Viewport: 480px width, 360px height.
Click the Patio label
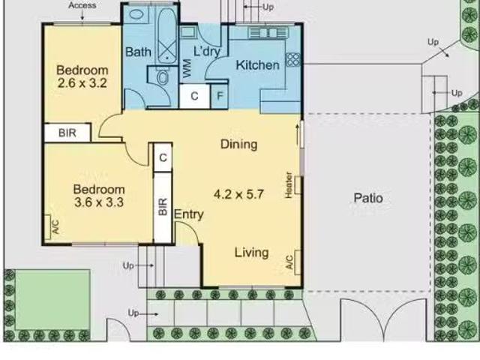tap(368, 198)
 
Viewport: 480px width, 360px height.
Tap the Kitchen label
tap(257, 65)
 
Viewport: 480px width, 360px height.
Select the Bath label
tap(138, 52)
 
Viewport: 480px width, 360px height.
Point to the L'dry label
tap(207, 51)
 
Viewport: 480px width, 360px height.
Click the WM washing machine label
tap(187, 68)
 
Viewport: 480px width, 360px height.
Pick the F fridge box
tap(220, 96)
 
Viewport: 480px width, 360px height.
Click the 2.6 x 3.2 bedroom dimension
tap(82, 83)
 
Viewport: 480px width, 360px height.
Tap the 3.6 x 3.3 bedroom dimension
tap(99, 202)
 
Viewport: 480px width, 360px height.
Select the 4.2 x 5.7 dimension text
tap(238, 194)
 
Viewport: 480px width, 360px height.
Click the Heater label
tap(288, 185)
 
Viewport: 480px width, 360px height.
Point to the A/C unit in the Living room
tap(297, 263)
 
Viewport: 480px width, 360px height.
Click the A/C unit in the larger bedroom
tap(47, 227)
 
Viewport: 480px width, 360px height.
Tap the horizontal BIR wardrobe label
tap(67, 133)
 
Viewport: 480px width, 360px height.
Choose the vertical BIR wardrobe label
tap(163, 207)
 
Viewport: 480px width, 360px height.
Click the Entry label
tap(188, 214)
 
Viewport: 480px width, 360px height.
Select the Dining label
tap(238, 144)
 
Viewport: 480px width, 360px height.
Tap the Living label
tap(252, 253)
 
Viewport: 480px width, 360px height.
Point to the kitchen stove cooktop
tap(293, 60)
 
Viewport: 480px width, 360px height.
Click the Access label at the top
tap(82, 5)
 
